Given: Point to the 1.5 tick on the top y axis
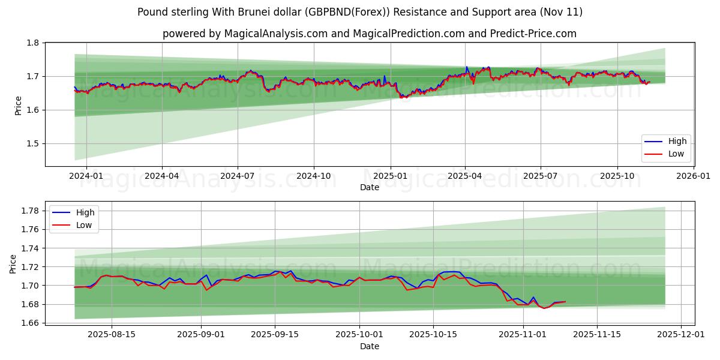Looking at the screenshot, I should coord(32,143).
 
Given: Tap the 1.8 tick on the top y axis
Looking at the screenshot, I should coord(32,43).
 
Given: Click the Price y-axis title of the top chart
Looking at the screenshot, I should coord(19,106).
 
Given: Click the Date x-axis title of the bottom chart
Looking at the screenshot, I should coord(370,346).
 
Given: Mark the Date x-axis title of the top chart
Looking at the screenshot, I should coord(370,187).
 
